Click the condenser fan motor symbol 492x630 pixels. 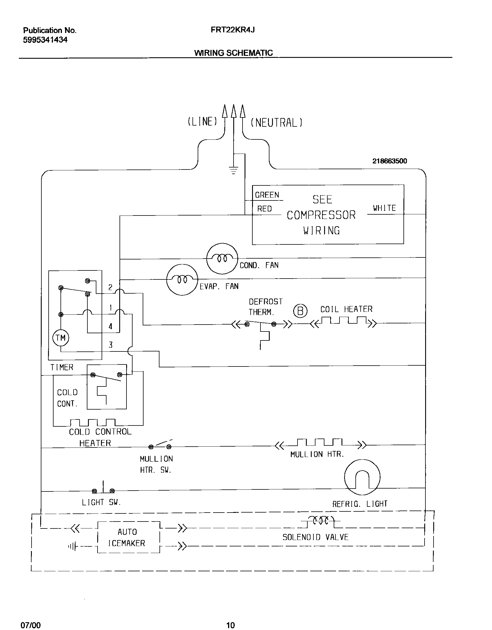click(x=222, y=258)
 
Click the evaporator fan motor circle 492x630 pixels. click(x=182, y=279)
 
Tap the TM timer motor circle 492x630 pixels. click(x=60, y=338)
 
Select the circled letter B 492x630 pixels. click(x=300, y=311)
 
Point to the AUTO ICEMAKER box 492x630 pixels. click(x=128, y=537)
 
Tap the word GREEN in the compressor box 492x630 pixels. click(x=267, y=195)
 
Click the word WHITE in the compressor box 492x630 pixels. click(x=384, y=208)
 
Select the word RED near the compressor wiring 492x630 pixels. click(x=265, y=209)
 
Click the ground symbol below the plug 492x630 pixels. click(x=233, y=170)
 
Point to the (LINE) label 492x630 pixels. click(x=202, y=121)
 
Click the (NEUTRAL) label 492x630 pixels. click(x=276, y=123)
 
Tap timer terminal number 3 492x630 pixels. click(x=111, y=345)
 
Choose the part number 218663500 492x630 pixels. click(x=390, y=161)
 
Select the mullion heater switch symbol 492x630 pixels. click(x=160, y=446)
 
